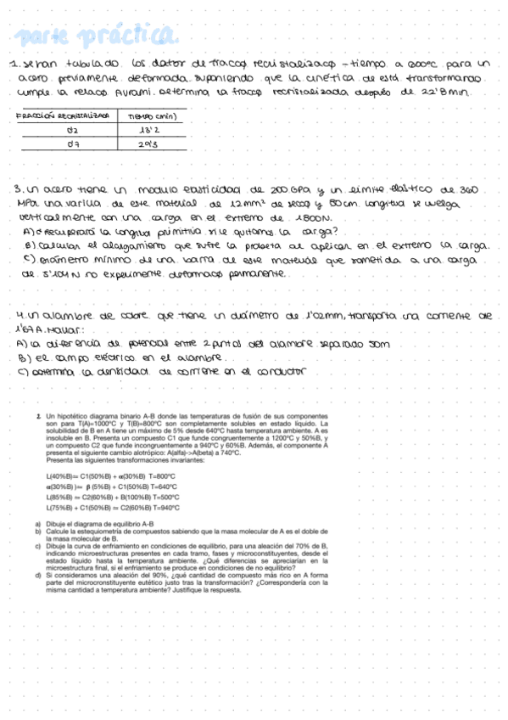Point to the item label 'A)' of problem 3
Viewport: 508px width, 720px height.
28,232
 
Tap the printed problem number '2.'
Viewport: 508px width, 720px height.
39,415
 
